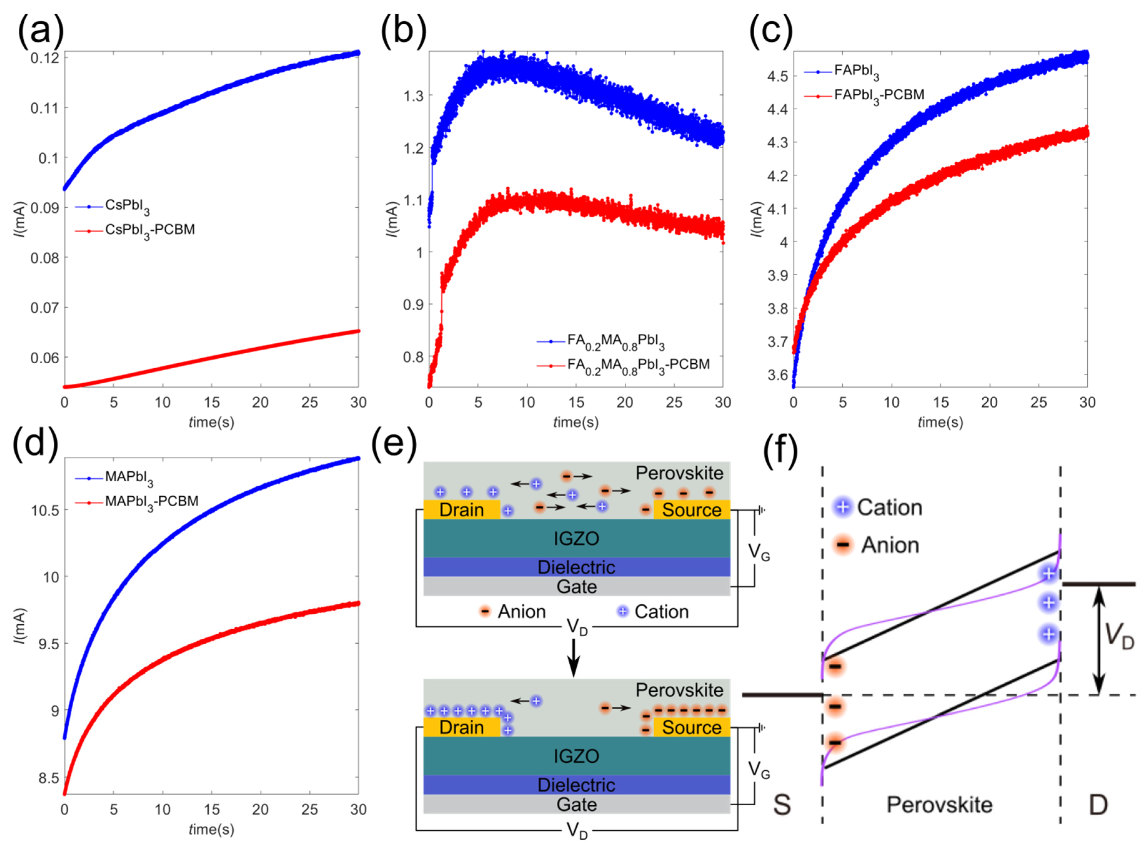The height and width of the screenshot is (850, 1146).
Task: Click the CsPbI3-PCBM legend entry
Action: [x=149, y=230]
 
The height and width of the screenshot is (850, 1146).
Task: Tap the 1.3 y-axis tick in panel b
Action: [x=414, y=96]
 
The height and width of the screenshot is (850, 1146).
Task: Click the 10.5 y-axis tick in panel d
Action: [x=44, y=510]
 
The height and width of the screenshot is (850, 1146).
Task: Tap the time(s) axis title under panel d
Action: [x=211, y=829]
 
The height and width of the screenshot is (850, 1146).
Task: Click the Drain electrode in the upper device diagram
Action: [x=461, y=510]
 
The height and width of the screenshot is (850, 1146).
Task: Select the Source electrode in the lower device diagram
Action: [x=692, y=728]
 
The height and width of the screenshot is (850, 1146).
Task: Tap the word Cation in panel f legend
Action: [x=889, y=508]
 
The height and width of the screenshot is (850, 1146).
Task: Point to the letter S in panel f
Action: [x=782, y=805]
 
